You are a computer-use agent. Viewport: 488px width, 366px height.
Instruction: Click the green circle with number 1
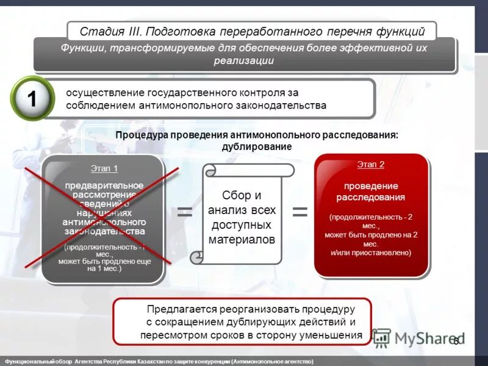tap(32, 99)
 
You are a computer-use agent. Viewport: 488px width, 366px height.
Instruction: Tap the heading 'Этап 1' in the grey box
tap(104, 169)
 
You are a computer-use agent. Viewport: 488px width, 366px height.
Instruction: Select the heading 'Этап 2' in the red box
tap(371, 165)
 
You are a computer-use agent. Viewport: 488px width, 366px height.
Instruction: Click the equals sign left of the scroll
tap(185, 212)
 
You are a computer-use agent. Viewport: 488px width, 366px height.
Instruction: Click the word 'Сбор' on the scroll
tap(233, 195)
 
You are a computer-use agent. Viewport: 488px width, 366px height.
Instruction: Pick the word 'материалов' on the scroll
tap(242, 239)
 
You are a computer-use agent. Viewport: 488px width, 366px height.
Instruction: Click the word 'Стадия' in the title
tap(100, 31)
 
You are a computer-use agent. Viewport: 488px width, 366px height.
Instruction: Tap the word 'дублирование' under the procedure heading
tap(257, 147)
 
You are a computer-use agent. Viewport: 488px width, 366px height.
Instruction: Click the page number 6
tap(455, 341)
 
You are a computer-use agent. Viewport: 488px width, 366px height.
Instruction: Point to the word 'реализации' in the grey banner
tap(243, 60)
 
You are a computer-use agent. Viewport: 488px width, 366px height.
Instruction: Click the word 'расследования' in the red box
tap(371, 197)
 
